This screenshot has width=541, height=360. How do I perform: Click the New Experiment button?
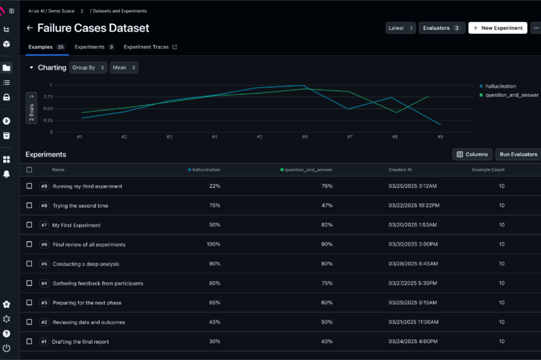pyautogui.click(x=498, y=28)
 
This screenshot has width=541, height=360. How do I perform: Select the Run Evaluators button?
pyautogui.click(x=518, y=154)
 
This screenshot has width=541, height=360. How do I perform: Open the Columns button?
pyautogui.click(x=472, y=154)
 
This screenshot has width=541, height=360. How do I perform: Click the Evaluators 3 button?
pyautogui.click(x=442, y=28)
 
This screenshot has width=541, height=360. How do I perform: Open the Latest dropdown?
pyautogui.click(x=401, y=28)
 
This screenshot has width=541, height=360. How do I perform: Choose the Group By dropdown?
pyautogui.click(x=88, y=68)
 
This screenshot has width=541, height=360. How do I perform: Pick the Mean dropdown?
pyautogui.click(x=124, y=68)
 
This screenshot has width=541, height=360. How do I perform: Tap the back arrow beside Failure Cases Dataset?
pyautogui.click(x=29, y=28)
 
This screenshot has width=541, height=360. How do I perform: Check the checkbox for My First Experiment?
pyautogui.click(x=29, y=225)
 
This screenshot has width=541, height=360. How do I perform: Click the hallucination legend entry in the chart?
pyautogui.click(x=499, y=86)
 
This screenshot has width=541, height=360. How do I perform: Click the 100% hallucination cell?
pyautogui.click(x=213, y=244)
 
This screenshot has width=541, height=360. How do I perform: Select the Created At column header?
pyautogui.click(x=400, y=170)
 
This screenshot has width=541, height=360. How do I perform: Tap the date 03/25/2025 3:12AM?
pyautogui.click(x=413, y=186)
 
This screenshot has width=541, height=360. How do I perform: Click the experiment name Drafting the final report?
pyautogui.click(x=80, y=342)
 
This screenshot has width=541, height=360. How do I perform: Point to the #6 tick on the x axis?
pyautogui.click(x=304, y=137)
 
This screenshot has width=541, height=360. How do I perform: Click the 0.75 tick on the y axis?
pyautogui.click(x=47, y=97)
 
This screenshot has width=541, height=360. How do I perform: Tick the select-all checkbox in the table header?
pyautogui.click(x=29, y=170)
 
